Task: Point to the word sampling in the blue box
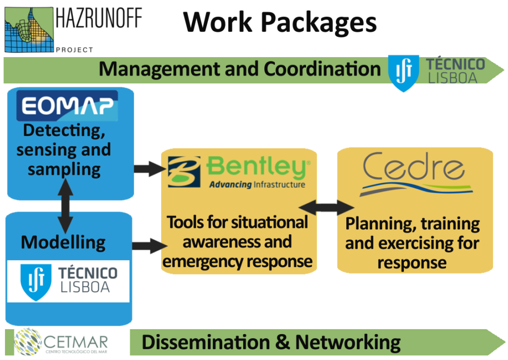point(64,169)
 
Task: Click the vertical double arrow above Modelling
point(64,204)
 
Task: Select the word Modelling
point(63,242)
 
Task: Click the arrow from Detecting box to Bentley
point(149,169)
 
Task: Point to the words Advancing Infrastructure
point(257,185)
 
